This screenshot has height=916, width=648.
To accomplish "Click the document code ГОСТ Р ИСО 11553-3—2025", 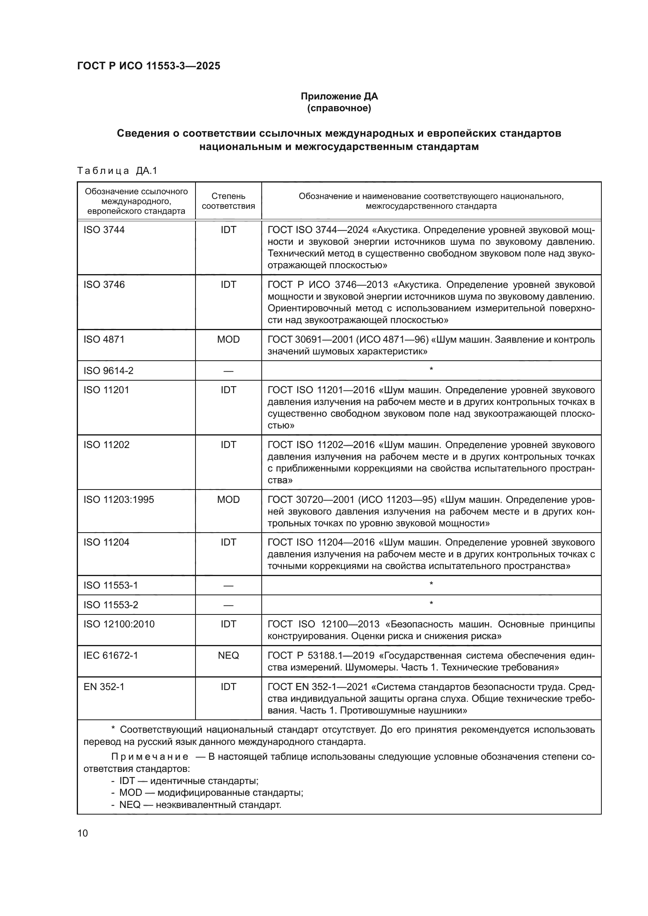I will [148, 66].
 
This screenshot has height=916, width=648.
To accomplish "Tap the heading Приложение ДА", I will [339, 96].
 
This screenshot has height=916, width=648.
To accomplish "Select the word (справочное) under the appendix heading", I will [339, 108].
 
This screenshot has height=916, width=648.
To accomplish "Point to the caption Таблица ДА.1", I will [117, 171].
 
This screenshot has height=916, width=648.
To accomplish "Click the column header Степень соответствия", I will [228, 201].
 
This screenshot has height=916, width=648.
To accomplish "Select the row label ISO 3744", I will [104, 230].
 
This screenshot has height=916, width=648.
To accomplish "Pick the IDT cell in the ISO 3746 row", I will [228, 284].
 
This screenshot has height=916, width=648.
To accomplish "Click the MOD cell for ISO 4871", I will [228, 340].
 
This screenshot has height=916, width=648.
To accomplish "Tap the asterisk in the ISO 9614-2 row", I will [431, 370].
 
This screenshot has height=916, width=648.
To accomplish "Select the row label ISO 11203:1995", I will [118, 499].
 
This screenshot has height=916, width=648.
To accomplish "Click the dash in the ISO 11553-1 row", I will [228, 585].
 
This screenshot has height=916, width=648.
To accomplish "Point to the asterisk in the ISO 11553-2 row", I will [431, 604].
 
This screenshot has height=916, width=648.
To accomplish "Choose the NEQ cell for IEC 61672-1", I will [228, 656].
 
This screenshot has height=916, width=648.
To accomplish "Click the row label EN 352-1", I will [104, 687].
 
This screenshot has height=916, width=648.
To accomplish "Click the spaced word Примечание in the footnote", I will [150, 757].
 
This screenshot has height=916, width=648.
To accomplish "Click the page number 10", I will [83, 833].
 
